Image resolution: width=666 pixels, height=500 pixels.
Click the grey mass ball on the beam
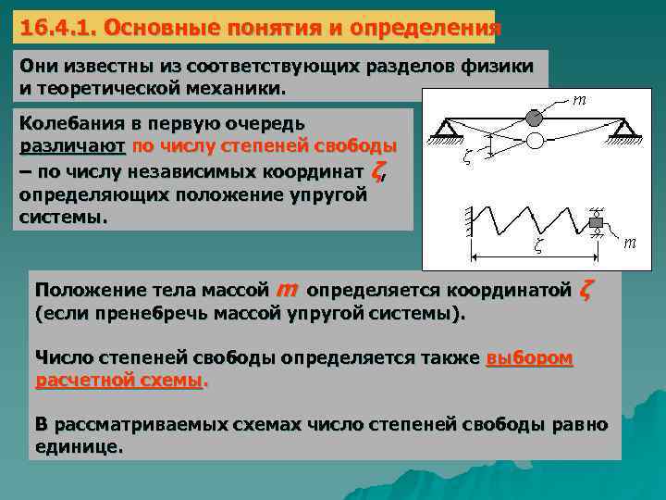pos(534,118)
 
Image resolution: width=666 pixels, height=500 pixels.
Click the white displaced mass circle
pos(534,141)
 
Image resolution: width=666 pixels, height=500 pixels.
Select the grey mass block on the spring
pos(597,222)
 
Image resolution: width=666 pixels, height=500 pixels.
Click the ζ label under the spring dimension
pos(538,246)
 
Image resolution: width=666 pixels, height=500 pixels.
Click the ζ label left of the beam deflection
pos(467,156)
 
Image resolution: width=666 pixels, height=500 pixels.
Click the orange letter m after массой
pos(287,290)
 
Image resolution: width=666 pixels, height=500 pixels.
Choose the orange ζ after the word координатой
pos(585,290)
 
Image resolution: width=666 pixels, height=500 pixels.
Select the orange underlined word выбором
pos(529,357)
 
